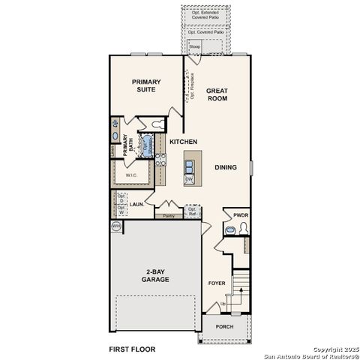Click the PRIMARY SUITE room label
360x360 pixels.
click(x=147, y=85)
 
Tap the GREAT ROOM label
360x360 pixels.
click(x=217, y=95)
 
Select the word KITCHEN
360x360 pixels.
click(x=183, y=142)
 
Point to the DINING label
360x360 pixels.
click(x=226, y=168)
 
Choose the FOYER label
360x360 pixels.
click(x=216, y=283)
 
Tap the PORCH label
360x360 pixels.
click(x=224, y=327)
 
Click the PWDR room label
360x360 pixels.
click(x=240, y=214)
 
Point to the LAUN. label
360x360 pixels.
click(x=136, y=203)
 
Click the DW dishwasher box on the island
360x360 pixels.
click(x=190, y=179)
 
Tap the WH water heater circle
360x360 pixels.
click(x=116, y=225)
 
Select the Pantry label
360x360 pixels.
click(x=169, y=215)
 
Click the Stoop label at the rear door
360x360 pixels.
click(x=195, y=46)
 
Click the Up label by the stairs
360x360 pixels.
click(x=222, y=304)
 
